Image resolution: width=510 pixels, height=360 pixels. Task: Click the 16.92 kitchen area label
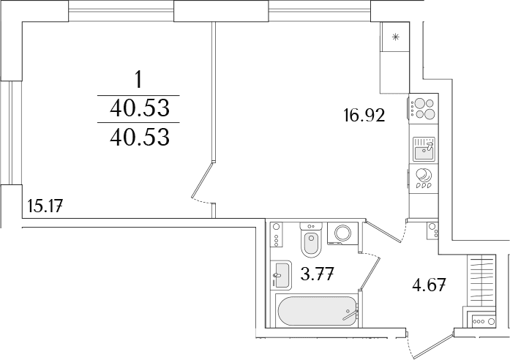click(x=364, y=116)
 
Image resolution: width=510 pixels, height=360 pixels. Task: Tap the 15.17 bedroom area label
click(x=45, y=206)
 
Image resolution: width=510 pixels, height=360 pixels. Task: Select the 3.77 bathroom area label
click(x=317, y=274)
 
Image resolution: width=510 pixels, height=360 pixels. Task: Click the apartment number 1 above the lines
click(x=139, y=80)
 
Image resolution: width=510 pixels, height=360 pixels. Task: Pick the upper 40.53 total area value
click(x=140, y=108)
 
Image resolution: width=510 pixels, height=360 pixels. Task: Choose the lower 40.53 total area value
click(x=140, y=137)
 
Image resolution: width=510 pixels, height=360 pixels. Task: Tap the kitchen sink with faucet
click(x=424, y=149)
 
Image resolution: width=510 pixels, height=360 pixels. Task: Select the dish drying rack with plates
click(x=424, y=179)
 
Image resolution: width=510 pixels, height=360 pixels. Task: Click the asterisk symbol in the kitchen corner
click(x=395, y=37)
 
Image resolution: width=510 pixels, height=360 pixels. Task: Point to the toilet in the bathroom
click(x=312, y=239)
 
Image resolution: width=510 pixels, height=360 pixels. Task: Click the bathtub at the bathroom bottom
click(x=316, y=311)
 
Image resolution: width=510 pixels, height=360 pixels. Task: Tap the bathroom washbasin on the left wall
click(x=281, y=275)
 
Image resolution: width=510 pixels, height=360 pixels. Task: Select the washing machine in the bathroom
click(x=343, y=233)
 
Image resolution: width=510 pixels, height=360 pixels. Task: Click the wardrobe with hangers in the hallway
click(x=481, y=280)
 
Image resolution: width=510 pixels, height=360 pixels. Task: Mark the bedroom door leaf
click(x=202, y=179)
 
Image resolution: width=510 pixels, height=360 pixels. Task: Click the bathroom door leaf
click(x=370, y=273)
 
